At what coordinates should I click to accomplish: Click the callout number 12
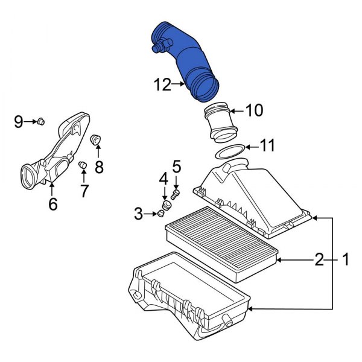point(162,84)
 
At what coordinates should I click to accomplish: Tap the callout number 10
point(254,110)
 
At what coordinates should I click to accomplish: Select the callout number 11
point(267,145)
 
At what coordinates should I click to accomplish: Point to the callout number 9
point(19,122)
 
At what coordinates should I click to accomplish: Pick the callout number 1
point(345,259)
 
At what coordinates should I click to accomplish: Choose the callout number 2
point(319,259)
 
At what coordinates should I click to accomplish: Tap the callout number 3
point(139,214)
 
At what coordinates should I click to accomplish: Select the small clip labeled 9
point(41,121)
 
